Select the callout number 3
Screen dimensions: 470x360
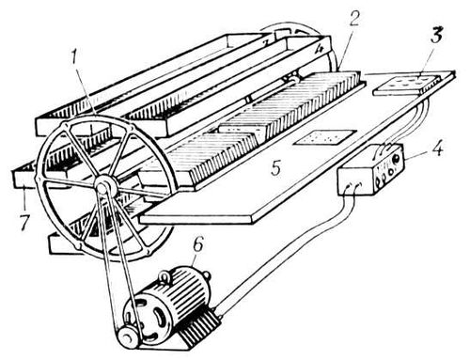pos(436,35)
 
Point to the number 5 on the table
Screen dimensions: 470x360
pos(275,168)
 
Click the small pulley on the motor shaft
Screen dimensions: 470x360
pos(127,337)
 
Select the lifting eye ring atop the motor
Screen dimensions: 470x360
pos(164,277)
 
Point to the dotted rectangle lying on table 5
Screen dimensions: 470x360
pos(325,137)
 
